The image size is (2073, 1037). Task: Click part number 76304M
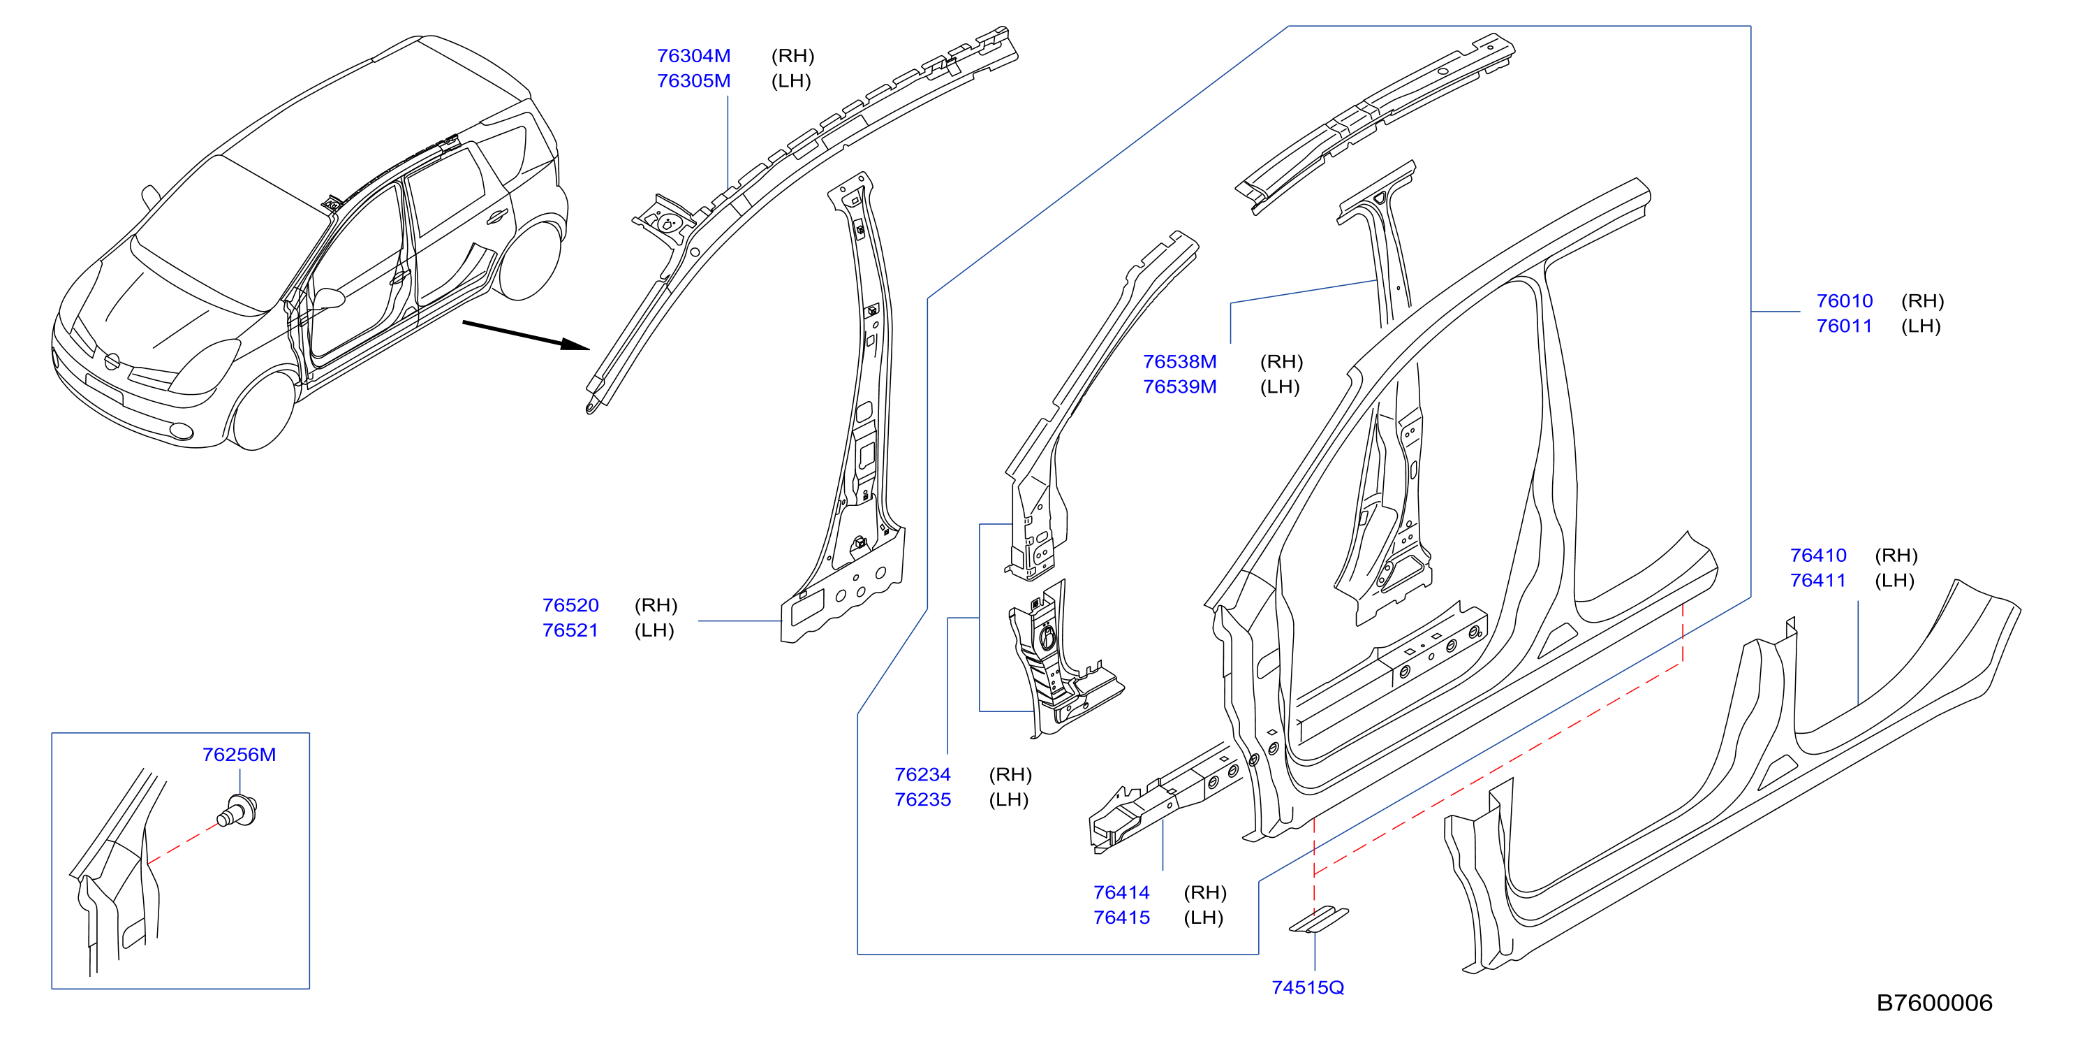pos(694,56)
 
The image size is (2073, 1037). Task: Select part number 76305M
pos(694,80)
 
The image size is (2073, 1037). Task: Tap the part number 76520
pos(570,604)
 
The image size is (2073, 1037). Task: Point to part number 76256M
pos(239,755)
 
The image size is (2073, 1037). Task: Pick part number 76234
pos(922,774)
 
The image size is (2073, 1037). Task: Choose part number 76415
pos(1121,917)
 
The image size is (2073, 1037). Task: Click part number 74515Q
pos(1308,987)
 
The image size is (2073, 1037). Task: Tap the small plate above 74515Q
pos(1319,920)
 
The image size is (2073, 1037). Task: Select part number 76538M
pos(1180,361)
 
